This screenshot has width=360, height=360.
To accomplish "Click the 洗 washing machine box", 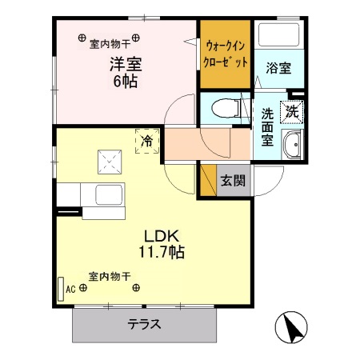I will coord(294,112).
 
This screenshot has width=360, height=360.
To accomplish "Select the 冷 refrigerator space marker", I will coord(147,141).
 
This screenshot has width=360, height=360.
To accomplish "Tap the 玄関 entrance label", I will coord(233,180).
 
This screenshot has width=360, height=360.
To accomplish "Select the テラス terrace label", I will coord(145,325).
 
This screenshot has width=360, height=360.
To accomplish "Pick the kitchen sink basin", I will coord(106,195).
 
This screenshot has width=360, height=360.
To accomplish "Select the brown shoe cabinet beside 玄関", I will coord(207,180).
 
